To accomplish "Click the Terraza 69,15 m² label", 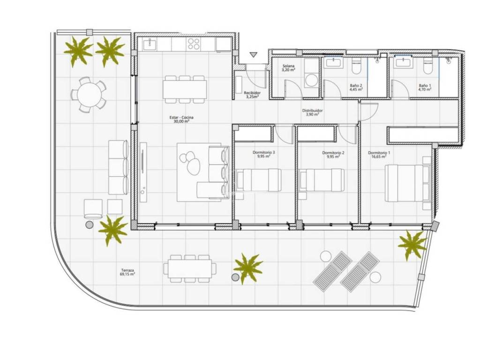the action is [127, 272].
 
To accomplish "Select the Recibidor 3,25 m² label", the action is [252, 95].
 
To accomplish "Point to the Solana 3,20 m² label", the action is [288, 67].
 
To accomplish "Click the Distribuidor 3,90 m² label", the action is [312, 112].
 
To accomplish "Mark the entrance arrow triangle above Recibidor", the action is [253, 55].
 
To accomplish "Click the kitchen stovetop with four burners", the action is [194, 44].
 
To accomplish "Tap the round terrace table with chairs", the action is [89, 95].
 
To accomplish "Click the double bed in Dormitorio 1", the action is [408, 183].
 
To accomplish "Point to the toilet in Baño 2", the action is [357, 67].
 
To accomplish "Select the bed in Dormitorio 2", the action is [322, 180].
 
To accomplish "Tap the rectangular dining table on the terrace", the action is [190, 269].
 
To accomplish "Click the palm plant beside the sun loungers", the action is [412, 244].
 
